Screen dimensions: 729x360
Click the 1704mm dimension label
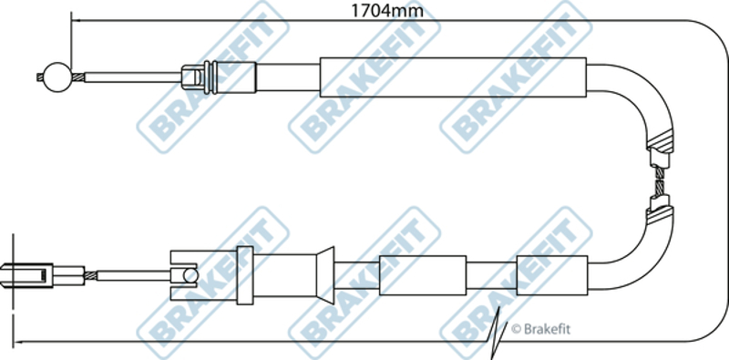pyautogui.click(x=386, y=11)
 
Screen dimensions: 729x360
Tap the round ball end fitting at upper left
pyautogui.click(x=57, y=77)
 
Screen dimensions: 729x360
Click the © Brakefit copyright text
pyautogui.click(x=540, y=329)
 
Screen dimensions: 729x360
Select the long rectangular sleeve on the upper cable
pyautogui.click(x=453, y=77)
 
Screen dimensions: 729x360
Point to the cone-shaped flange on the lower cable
pyautogui.click(x=325, y=275)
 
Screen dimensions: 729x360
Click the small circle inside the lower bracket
pyautogui.click(x=191, y=275)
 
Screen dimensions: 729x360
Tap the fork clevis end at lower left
pyautogui.click(x=26, y=275)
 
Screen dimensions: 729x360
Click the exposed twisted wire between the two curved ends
pyautogui.click(x=659, y=181)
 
